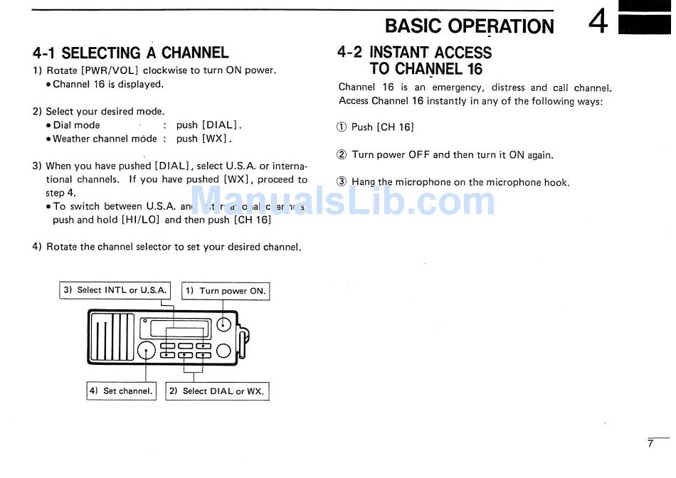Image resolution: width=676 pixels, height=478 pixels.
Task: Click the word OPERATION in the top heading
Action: [501, 26]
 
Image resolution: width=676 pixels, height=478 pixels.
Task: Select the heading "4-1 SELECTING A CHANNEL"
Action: [131, 53]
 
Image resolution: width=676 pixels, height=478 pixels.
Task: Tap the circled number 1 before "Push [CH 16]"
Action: [341, 127]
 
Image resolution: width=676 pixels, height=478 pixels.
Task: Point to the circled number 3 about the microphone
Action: [342, 182]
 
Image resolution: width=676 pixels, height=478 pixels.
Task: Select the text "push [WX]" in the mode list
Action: [204, 139]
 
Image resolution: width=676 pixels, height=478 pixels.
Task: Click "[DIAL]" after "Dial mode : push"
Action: [221, 125]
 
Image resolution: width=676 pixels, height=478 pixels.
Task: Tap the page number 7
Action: [650, 444]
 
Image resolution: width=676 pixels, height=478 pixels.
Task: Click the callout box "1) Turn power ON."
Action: [226, 291]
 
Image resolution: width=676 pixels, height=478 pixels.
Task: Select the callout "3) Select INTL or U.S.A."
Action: [115, 290]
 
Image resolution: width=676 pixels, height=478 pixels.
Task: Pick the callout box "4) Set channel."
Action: [121, 391]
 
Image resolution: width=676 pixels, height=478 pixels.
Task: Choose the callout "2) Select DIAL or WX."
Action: [217, 391]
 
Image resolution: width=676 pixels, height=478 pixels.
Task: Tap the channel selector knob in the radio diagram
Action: [146, 350]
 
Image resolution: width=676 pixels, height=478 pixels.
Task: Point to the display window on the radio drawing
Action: [176, 329]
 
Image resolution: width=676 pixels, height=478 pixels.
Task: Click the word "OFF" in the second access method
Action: [419, 155]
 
